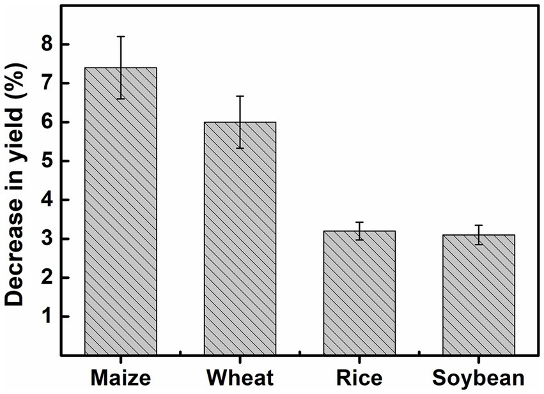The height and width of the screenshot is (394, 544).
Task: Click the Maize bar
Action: [x=121, y=211]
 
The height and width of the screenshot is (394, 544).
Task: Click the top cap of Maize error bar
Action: [x=121, y=36]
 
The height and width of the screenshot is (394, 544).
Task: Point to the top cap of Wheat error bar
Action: [x=240, y=96]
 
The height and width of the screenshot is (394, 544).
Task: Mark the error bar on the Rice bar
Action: [x=359, y=231]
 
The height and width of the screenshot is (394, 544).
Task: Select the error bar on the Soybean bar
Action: [x=478, y=234]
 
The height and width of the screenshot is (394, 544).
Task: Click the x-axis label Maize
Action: [x=121, y=377]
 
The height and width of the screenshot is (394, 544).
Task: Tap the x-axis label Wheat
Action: [x=240, y=377]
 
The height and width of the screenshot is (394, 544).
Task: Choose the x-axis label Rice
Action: [x=359, y=377]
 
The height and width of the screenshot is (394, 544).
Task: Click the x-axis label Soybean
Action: [x=478, y=377]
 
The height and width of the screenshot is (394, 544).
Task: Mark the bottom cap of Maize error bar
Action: [x=121, y=99]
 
